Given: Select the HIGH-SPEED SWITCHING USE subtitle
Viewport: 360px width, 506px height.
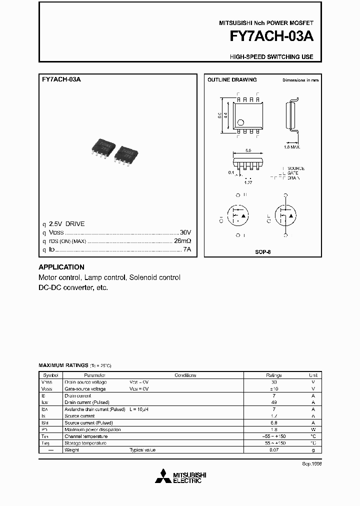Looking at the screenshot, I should (271, 57).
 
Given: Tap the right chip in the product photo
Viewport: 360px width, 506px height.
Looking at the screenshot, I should (125, 154).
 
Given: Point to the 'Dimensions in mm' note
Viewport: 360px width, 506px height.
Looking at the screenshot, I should (300, 80).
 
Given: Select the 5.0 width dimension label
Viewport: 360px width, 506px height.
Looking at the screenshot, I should (248, 150).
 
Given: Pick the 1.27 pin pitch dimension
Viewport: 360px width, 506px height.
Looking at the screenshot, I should (248, 182).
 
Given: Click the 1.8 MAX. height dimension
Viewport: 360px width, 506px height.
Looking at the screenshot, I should (292, 147).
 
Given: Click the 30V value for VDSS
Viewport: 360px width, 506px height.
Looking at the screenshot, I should (185, 233).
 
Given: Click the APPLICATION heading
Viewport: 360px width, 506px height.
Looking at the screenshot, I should (61, 267).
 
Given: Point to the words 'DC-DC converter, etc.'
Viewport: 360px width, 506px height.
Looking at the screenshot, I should (73, 287).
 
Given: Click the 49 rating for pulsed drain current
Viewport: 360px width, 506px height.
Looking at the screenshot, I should (273, 402).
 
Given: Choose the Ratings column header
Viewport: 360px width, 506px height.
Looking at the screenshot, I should (273, 375).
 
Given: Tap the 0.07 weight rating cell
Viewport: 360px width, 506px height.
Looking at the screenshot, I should (273, 450).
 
